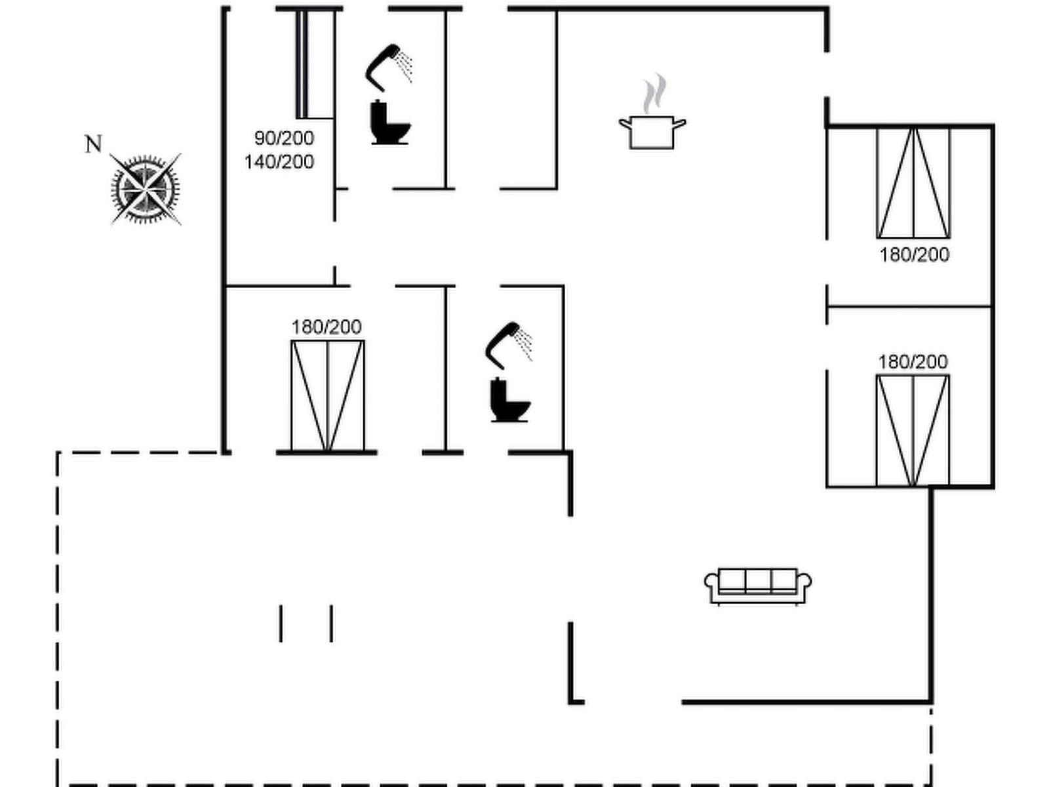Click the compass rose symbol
[x=146, y=190]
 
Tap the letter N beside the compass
[x=93, y=144]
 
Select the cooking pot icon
[x=652, y=132]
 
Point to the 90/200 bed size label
[x=285, y=138]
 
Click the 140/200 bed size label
[x=279, y=163]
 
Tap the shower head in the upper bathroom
[x=389, y=68]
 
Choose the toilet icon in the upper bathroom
[x=391, y=123]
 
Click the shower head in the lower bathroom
[x=509, y=346]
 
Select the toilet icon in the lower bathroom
[x=510, y=400]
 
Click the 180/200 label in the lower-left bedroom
[x=327, y=327]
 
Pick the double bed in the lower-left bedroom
[x=328, y=395]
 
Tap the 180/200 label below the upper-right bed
[x=915, y=255]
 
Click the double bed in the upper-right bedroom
[x=914, y=183]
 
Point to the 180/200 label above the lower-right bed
[x=913, y=362]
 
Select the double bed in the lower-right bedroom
[x=913, y=430]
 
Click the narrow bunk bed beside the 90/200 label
[x=315, y=64]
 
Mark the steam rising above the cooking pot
[x=654, y=94]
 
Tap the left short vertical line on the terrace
[x=281, y=624]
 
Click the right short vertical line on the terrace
[x=332, y=624]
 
